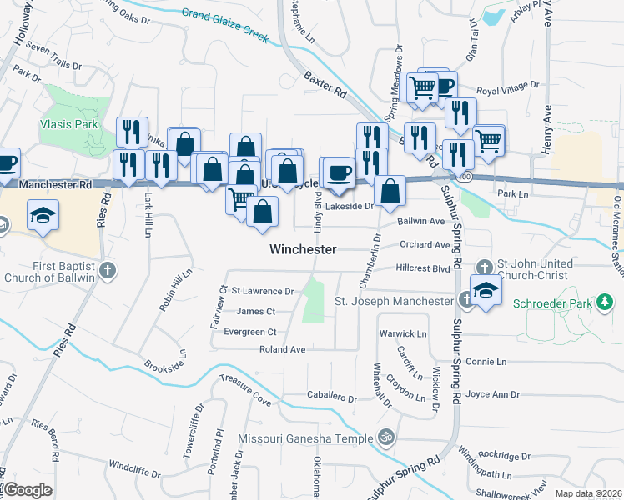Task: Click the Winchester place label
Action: (303, 249)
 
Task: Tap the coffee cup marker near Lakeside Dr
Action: (339, 173)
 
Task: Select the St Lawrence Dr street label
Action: (263, 291)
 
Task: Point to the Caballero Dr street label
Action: (331, 398)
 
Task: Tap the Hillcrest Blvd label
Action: (423, 268)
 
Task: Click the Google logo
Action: (27, 490)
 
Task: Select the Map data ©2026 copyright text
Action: (587, 493)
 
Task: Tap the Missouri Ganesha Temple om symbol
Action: (386, 435)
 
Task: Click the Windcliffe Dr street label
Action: (134, 471)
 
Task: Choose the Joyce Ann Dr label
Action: (493, 394)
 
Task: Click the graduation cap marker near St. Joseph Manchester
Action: (485, 290)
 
